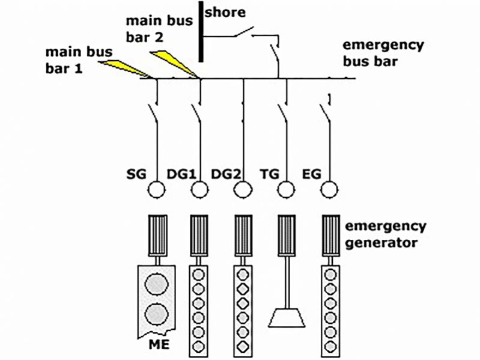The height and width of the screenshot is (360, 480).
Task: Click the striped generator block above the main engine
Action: (156, 233)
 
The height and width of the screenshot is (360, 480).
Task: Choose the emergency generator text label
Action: (384, 234)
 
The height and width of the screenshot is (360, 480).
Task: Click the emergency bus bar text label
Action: (383, 53)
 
